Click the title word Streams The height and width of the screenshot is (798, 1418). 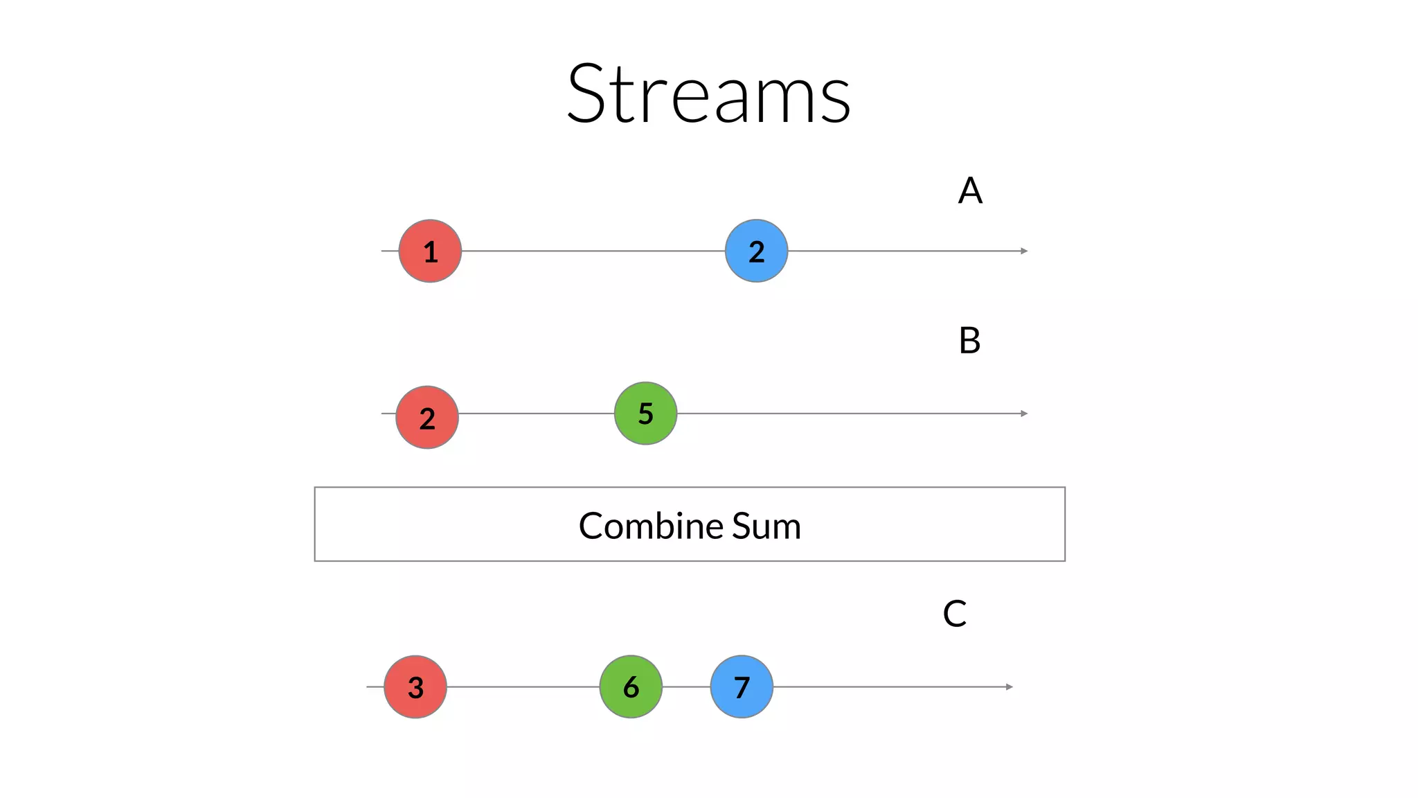(x=708, y=94)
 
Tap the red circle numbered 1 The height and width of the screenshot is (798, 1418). (x=430, y=251)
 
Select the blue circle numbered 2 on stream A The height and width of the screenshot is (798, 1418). (x=756, y=251)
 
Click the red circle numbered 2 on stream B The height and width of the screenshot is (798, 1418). (x=427, y=417)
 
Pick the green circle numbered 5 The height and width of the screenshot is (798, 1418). (x=645, y=414)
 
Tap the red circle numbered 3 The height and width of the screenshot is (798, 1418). (x=415, y=686)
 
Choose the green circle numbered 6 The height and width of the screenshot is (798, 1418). (x=631, y=686)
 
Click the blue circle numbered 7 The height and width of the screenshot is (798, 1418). (x=742, y=686)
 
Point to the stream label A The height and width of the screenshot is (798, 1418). (x=970, y=190)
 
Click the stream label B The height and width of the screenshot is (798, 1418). (x=969, y=341)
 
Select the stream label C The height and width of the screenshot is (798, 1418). (x=955, y=614)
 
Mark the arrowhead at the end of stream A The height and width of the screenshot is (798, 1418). (x=1024, y=251)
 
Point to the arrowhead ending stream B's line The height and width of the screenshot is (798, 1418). (x=1024, y=414)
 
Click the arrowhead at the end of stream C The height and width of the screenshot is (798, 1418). (x=1009, y=686)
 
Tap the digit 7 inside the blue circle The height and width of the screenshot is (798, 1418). (x=742, y=687)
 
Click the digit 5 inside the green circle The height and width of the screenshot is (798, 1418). (x=645, y=414)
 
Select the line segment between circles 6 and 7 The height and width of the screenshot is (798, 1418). (x=686, y=686)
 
